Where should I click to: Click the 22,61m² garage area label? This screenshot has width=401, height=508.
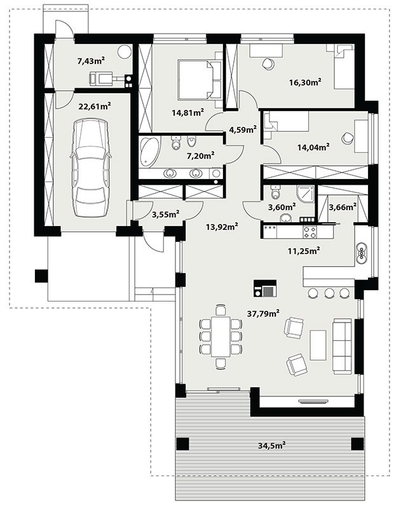[x=95, y=106]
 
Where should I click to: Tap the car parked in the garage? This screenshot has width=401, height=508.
[x=91, y=168]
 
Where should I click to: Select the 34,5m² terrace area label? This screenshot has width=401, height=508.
[x=271, y=446]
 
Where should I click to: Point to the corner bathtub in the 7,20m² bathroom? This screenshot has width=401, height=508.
[x=149, y=152]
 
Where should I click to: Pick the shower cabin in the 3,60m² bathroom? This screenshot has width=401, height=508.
[x=306, y=194]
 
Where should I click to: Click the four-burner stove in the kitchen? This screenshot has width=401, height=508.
[x=309, y=232]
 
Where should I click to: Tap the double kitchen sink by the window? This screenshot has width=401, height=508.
[x=361, y=252]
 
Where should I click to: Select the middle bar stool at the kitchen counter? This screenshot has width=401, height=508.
[x=329, y=293]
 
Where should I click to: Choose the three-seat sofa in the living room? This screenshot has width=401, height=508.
[x=342, y=346]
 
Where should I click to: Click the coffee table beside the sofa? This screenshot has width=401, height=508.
[x=318, y=345]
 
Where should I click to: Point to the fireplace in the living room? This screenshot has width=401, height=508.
[x=265, y=288]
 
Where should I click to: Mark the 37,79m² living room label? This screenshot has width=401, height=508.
[x=264, y=313]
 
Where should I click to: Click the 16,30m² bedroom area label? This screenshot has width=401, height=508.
[x=305, y=82]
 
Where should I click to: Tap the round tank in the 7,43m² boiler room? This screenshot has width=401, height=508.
[x=125, y=52]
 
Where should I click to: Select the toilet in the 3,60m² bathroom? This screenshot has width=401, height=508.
[x=276, y=191]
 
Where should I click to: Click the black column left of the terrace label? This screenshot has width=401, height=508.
[x=182, y=444]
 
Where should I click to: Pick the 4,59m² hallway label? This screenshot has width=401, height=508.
[x=243, y=130]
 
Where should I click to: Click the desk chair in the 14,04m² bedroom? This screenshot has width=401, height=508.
[x=347, y=138]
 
